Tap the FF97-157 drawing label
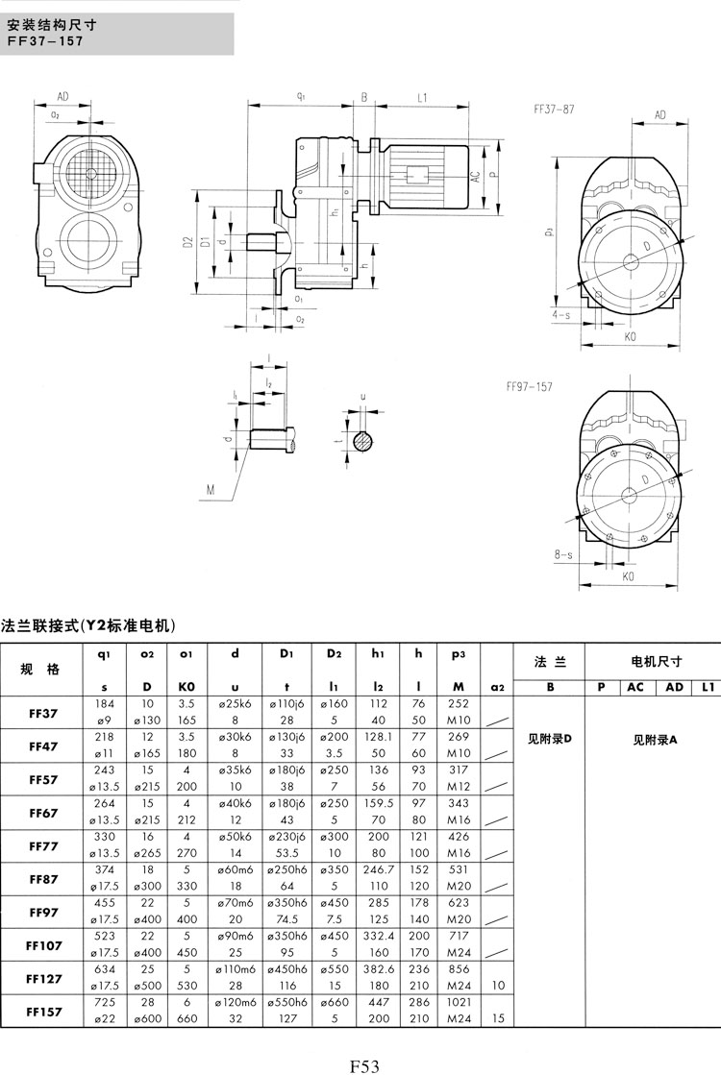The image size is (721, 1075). coord(529,389)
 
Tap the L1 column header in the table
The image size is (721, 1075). coord(708,687)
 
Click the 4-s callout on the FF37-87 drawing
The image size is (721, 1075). coord(561,314)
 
